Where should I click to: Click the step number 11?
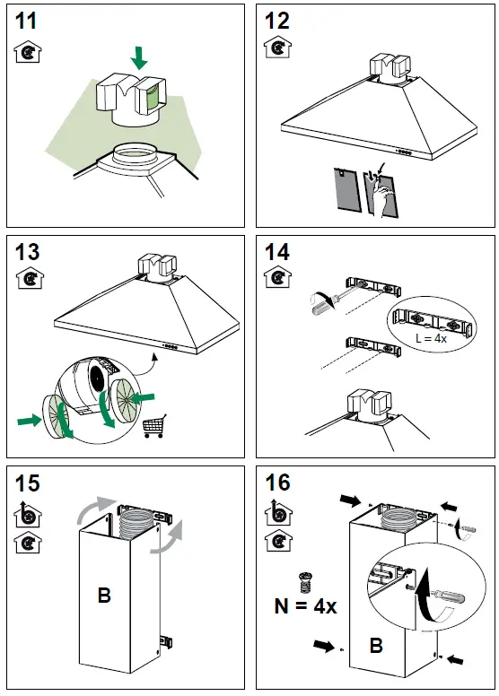[x=26, y=21]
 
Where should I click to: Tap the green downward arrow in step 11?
[x=139, y=57]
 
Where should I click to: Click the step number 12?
[x=276, y=21]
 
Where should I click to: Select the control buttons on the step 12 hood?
[x=404, y=152]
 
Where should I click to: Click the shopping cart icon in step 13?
[x=154, y=426]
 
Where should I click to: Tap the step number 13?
[x=28, y=252]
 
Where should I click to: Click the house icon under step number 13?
[x=30, y=278]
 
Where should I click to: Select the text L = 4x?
[x=431, y=338]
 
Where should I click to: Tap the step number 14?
[x=277, y=252]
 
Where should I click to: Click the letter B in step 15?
[x=104, y=595]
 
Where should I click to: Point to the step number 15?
[x=28, y=483]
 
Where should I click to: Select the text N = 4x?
[x=306, y=606]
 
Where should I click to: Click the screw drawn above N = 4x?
[x=304, y=583]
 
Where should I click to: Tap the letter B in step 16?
[x=376, y=646]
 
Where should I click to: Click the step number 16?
[x=277, y=483]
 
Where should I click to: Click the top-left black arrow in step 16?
[x=350, y=500]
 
